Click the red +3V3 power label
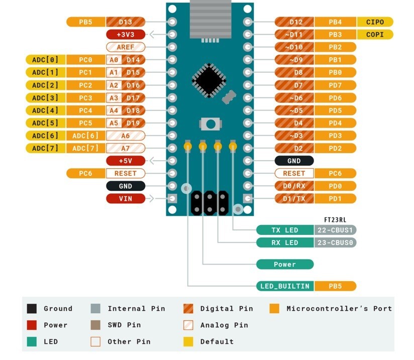[126, 35]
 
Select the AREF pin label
[126, 47]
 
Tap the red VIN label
[126, 198]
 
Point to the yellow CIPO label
[375, 22]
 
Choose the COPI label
[375, 35]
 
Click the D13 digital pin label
[126, 22]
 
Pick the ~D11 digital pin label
[294, 35]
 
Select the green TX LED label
[285, 230]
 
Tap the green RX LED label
[285, 243]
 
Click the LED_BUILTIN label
[285, 286]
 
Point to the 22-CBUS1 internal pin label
[335, 230]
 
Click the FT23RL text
[335, 220]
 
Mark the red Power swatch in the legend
[32, 325]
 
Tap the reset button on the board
[211, 124]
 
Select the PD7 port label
[335, 85]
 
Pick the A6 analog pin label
[126, 136]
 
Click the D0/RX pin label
[294, 186]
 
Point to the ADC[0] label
[45, 60]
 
